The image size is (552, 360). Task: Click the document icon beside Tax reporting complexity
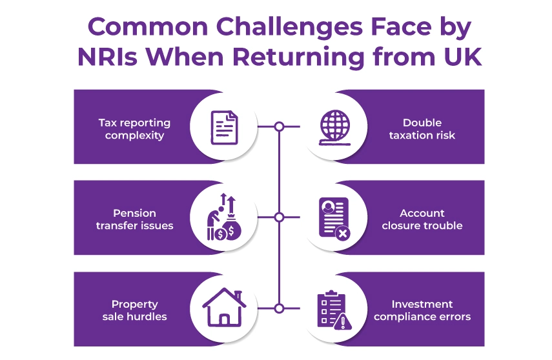pyautogui.click(x=224, y=126)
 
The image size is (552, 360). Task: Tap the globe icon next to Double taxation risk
pyautogui.click(x=334, y=126)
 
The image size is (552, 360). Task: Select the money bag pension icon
pyautogui.click(x=224, y=217)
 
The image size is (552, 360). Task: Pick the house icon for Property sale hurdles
pyautogui.click(x=224, y=308)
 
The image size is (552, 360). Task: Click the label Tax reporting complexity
pyautogui.click(x=134, y=129)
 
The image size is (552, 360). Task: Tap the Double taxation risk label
pyautogui.click(x=422, y=129)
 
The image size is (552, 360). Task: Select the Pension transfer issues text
pyautogui.click(x=134, y=219)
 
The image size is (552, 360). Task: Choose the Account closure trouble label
pyautogui.click(x=422, y=219)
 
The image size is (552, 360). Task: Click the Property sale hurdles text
pyautogui.click(x=134, y=310)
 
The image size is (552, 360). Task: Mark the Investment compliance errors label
pyautogui.click(x=422, y=310)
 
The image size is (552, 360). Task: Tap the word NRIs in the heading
pyautogui.click(x=107, y=57)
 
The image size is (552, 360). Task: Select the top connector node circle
pyautogui.click(x=279, y=126)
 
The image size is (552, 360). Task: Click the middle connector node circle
pyautogui.click(x=279, y=217)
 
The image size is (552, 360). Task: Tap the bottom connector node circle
pyautogui.click(x=279, y=308)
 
